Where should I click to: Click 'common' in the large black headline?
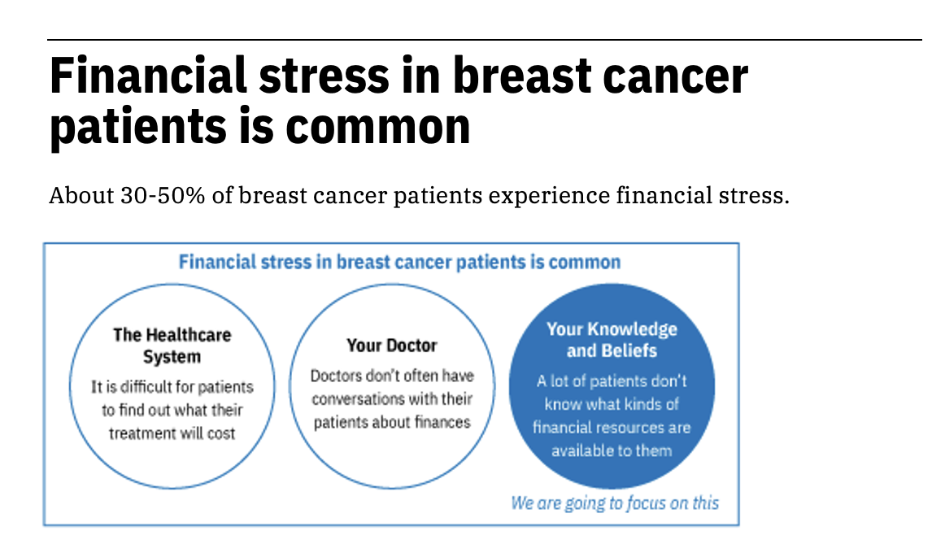(x=378, y=126)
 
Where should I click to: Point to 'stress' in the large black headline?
(x=324, y=76)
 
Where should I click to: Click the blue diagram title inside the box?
(x=399, y=263)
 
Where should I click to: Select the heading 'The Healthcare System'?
(x=172, y=346)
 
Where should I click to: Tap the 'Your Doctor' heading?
(x=392, y=346)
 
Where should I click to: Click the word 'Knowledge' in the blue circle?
(x=632, y=330)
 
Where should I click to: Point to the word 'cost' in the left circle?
(x=221, y=433)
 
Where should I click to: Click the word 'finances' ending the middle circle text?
(x=442, y=422)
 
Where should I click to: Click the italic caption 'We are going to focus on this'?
(x=615, y=502)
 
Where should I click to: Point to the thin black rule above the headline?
(x=485, y=40)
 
